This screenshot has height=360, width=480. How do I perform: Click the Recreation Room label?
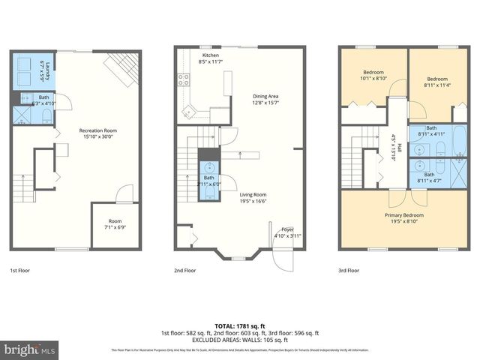98,133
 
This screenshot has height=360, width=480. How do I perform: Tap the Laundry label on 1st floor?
49,70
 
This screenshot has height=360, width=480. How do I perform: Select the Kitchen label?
210,59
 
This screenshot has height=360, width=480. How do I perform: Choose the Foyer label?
286,232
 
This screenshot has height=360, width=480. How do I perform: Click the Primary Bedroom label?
404,218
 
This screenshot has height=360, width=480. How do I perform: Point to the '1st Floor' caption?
20,270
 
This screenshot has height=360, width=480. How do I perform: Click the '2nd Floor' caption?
184,270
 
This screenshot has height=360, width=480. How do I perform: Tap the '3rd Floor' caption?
348,270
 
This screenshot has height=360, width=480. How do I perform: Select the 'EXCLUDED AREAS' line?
239,339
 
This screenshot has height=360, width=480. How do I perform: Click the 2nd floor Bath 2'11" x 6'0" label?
208,181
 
